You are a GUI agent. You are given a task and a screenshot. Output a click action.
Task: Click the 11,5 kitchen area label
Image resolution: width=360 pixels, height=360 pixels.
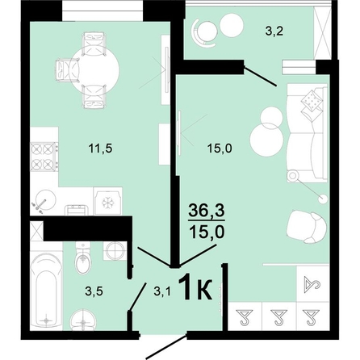pos(100,149)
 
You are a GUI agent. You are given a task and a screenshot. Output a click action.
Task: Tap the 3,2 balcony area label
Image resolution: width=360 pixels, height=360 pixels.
pos(274,31)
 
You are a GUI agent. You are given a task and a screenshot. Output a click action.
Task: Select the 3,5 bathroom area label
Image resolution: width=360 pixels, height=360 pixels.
pos(94,291)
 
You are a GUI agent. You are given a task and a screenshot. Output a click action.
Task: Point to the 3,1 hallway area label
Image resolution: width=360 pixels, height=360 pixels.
pos(162,291)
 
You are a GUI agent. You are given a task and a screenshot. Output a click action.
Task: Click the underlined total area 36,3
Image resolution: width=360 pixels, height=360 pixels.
pos(207,211)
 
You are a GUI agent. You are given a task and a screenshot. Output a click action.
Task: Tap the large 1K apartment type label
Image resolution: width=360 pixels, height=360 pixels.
pos(195,288)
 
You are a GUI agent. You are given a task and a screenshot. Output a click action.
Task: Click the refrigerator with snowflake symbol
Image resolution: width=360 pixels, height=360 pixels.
pos(107,201)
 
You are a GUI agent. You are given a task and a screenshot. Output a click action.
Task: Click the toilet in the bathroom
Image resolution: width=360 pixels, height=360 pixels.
pos(82,257)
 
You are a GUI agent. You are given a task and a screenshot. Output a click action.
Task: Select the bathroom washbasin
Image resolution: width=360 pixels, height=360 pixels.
pos(83,320)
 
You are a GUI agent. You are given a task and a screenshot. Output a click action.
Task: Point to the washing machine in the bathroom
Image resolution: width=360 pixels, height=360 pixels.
pos(115,250)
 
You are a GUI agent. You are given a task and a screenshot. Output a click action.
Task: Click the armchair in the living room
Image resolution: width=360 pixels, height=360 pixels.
pos(308,227)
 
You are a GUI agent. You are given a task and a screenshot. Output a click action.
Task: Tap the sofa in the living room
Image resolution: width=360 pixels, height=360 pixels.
pos(308,133)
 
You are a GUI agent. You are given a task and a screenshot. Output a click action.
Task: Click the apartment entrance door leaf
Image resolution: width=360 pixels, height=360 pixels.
pos(166,347)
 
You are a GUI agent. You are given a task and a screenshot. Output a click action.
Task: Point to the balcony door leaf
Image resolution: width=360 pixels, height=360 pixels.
pos(260,76)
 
